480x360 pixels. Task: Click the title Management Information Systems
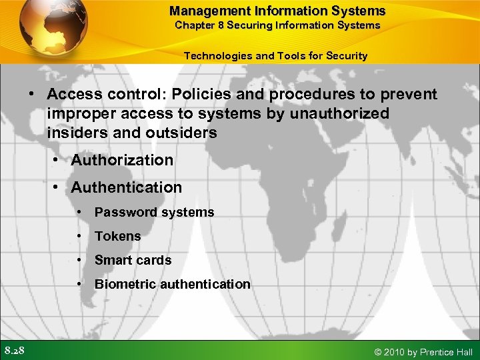[277, 11]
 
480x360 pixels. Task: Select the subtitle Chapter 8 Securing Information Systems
[277, 25]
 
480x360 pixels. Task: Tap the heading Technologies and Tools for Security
[275, 55]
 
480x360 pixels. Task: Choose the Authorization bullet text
[122, 160]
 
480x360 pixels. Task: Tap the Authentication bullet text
[126, 187]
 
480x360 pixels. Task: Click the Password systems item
[154, 212]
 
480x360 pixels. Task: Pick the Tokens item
[117, 236]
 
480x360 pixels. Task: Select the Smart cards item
[133, 260]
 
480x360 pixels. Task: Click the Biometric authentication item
[172, 284]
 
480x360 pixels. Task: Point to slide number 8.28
[15, 351]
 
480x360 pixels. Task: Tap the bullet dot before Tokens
[79, 236]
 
